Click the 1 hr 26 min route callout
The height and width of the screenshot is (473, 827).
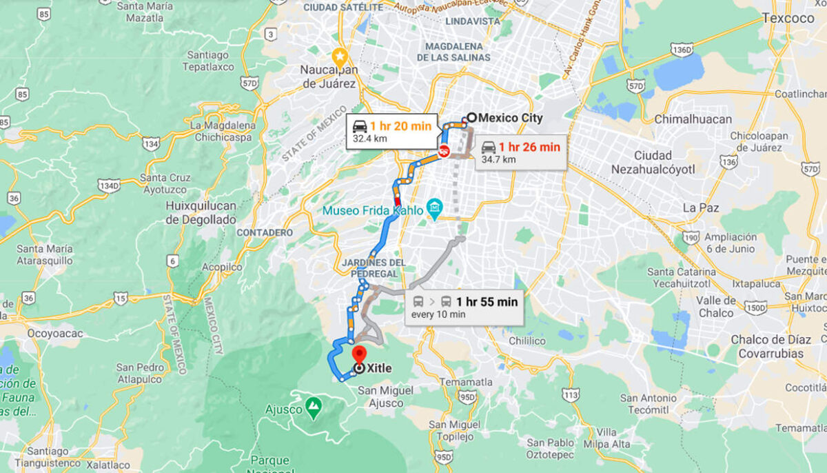520,152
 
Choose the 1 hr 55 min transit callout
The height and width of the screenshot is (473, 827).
464,308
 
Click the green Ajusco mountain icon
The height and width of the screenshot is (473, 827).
314,405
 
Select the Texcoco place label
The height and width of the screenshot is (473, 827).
788,18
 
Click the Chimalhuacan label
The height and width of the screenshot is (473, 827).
693,119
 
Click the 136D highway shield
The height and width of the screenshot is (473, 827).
681,50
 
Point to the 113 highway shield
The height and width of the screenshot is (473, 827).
570,394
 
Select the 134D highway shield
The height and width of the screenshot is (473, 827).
108,185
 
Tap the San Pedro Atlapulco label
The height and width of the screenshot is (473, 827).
139,373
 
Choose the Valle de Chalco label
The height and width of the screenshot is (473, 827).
715,307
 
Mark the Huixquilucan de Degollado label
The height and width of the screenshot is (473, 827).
201,212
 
